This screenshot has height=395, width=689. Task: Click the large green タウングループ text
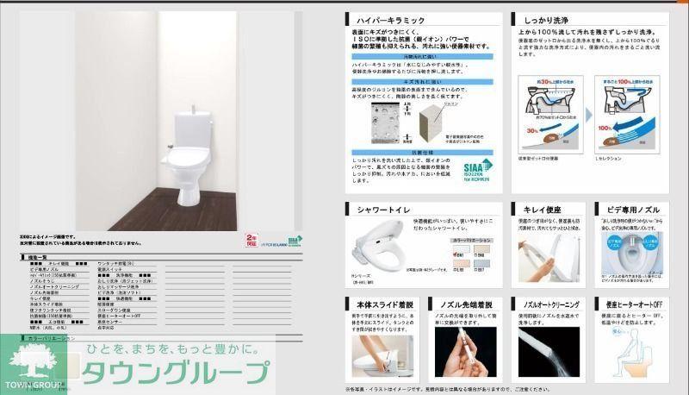[177, 373]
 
